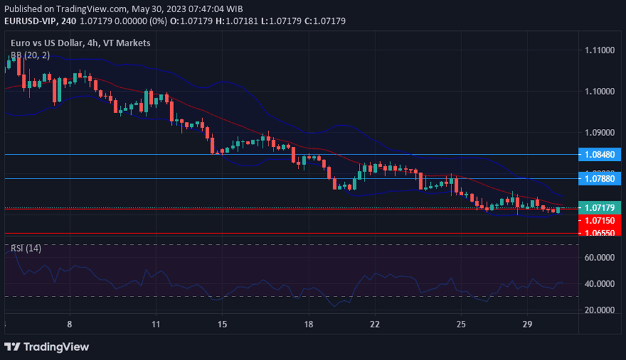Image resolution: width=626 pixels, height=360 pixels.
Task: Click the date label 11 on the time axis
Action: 156,324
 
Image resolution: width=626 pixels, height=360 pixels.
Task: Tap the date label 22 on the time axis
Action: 375,324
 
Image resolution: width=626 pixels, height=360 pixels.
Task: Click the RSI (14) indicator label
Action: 26,248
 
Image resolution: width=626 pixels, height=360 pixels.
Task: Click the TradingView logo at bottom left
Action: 47,347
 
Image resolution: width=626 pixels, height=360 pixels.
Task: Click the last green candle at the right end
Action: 559,210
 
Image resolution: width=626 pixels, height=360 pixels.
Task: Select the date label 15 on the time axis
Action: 222,324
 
